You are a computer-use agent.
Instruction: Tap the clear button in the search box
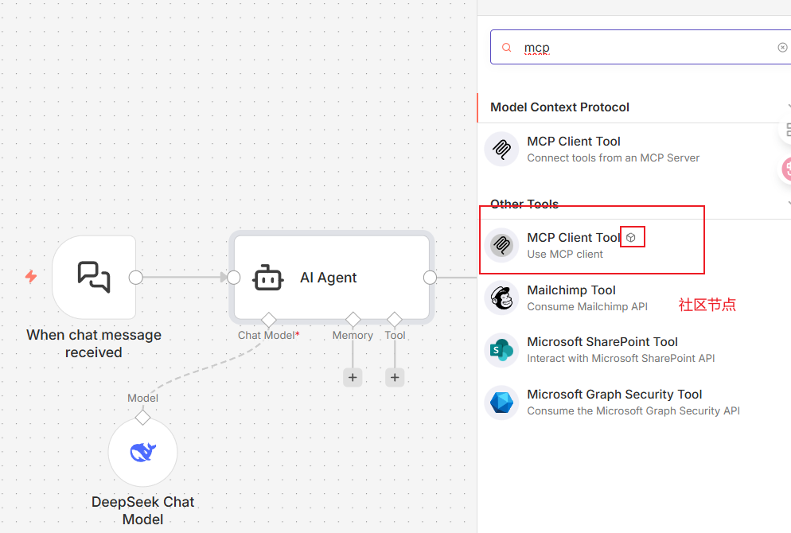point(782,48)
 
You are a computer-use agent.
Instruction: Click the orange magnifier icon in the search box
point(506,48)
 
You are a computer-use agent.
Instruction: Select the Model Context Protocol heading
point(559,107)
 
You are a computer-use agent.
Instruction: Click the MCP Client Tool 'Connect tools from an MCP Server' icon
point(501,150)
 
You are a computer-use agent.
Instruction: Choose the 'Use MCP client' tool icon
point(501,245)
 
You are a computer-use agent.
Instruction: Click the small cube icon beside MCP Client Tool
point(630,238)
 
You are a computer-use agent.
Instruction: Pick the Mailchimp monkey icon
point(501,298)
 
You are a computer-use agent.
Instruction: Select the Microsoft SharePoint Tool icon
point(501,350)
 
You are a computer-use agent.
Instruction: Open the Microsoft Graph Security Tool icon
point(501,403)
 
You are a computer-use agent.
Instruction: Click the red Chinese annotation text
point(707,305)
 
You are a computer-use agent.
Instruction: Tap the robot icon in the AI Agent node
point(268,278)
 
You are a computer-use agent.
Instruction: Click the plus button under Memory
point(353,377)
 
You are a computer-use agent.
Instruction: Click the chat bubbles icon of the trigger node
point(94,277)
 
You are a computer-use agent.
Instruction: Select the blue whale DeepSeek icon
point(142,452)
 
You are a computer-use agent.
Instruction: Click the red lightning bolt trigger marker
point(31,276)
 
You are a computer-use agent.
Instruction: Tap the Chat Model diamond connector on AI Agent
point(268,320)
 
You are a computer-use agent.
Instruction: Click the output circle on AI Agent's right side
point(430,278)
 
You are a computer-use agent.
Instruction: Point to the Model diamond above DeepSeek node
point(142,418)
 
